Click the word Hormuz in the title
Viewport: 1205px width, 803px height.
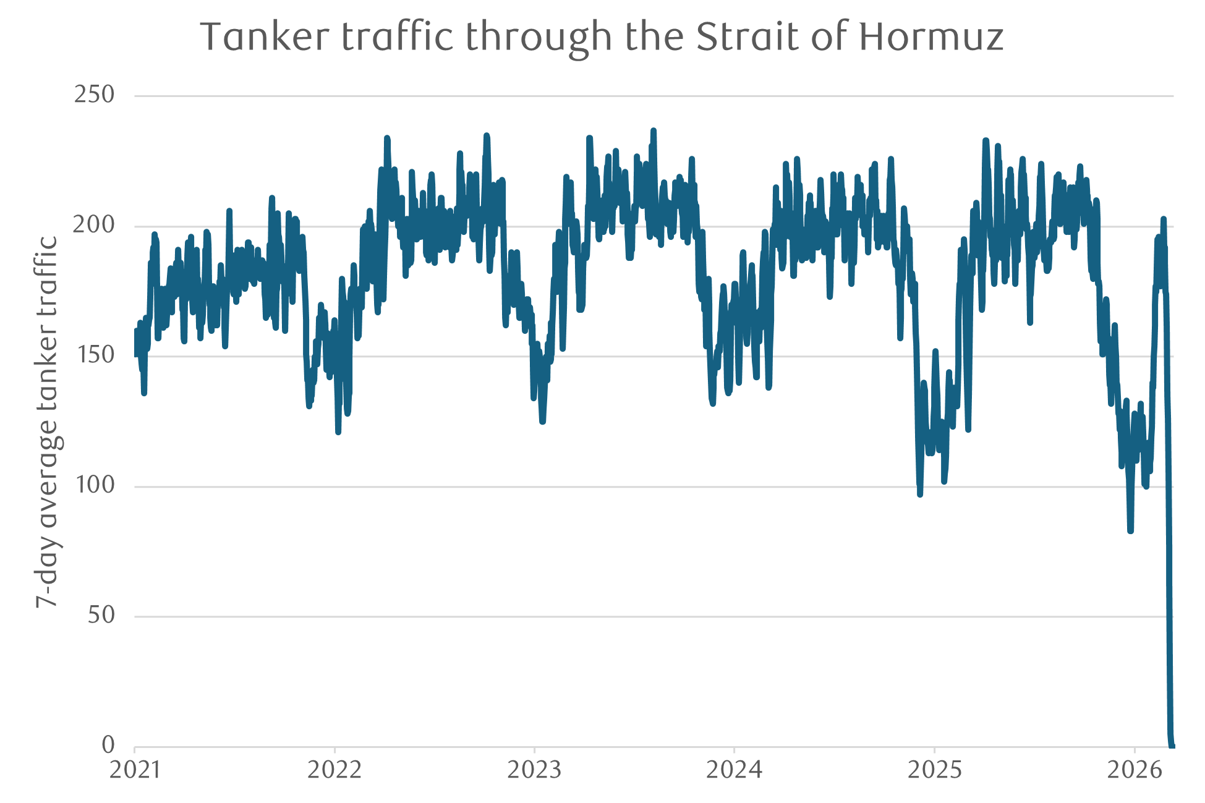pos(930,37)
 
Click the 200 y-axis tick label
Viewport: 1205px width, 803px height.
pos(94,225)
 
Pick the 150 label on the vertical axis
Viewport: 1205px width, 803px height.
pos(94,355)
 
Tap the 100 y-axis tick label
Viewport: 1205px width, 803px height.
pos(94,485)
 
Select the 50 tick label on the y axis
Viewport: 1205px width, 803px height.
pos(101,615)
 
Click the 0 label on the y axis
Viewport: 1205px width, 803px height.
pos(108,745)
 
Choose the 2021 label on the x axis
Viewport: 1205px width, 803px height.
pos(135,770)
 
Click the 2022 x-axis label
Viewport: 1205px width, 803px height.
pos(334,770)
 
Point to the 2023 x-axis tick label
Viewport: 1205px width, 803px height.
pos(534,770)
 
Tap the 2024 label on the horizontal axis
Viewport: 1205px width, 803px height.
pos(734,770)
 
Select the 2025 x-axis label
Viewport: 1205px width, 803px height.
pos(934,770)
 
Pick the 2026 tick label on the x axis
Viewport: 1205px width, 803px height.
pos(1134,770)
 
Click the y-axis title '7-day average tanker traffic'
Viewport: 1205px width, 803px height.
pos(47,422)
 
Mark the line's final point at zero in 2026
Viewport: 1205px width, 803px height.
pos(1172,746)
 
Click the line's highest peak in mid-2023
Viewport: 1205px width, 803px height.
pos(653,131)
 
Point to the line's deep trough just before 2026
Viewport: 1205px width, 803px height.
pos(1130,530)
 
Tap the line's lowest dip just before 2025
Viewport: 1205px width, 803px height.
pos(920,494)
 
